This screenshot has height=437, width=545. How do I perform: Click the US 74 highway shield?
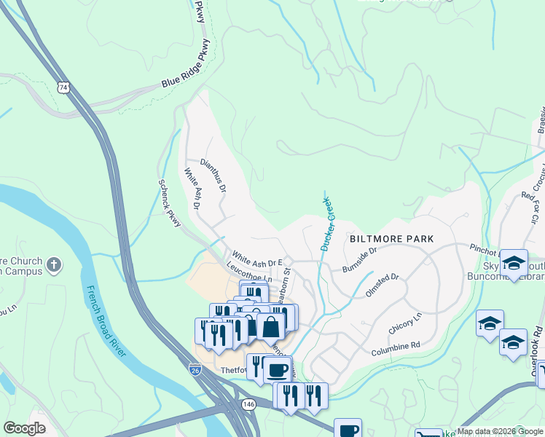[63, 87]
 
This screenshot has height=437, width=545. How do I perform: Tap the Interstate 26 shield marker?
[195, 370]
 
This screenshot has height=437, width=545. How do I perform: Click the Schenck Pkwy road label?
[170, 205]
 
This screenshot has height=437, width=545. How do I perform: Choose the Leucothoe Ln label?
[249, 273]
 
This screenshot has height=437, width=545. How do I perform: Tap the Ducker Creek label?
[325, 224]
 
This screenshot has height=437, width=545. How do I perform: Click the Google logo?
[24, 428]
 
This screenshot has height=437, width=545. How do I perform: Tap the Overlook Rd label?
[538, 361]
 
